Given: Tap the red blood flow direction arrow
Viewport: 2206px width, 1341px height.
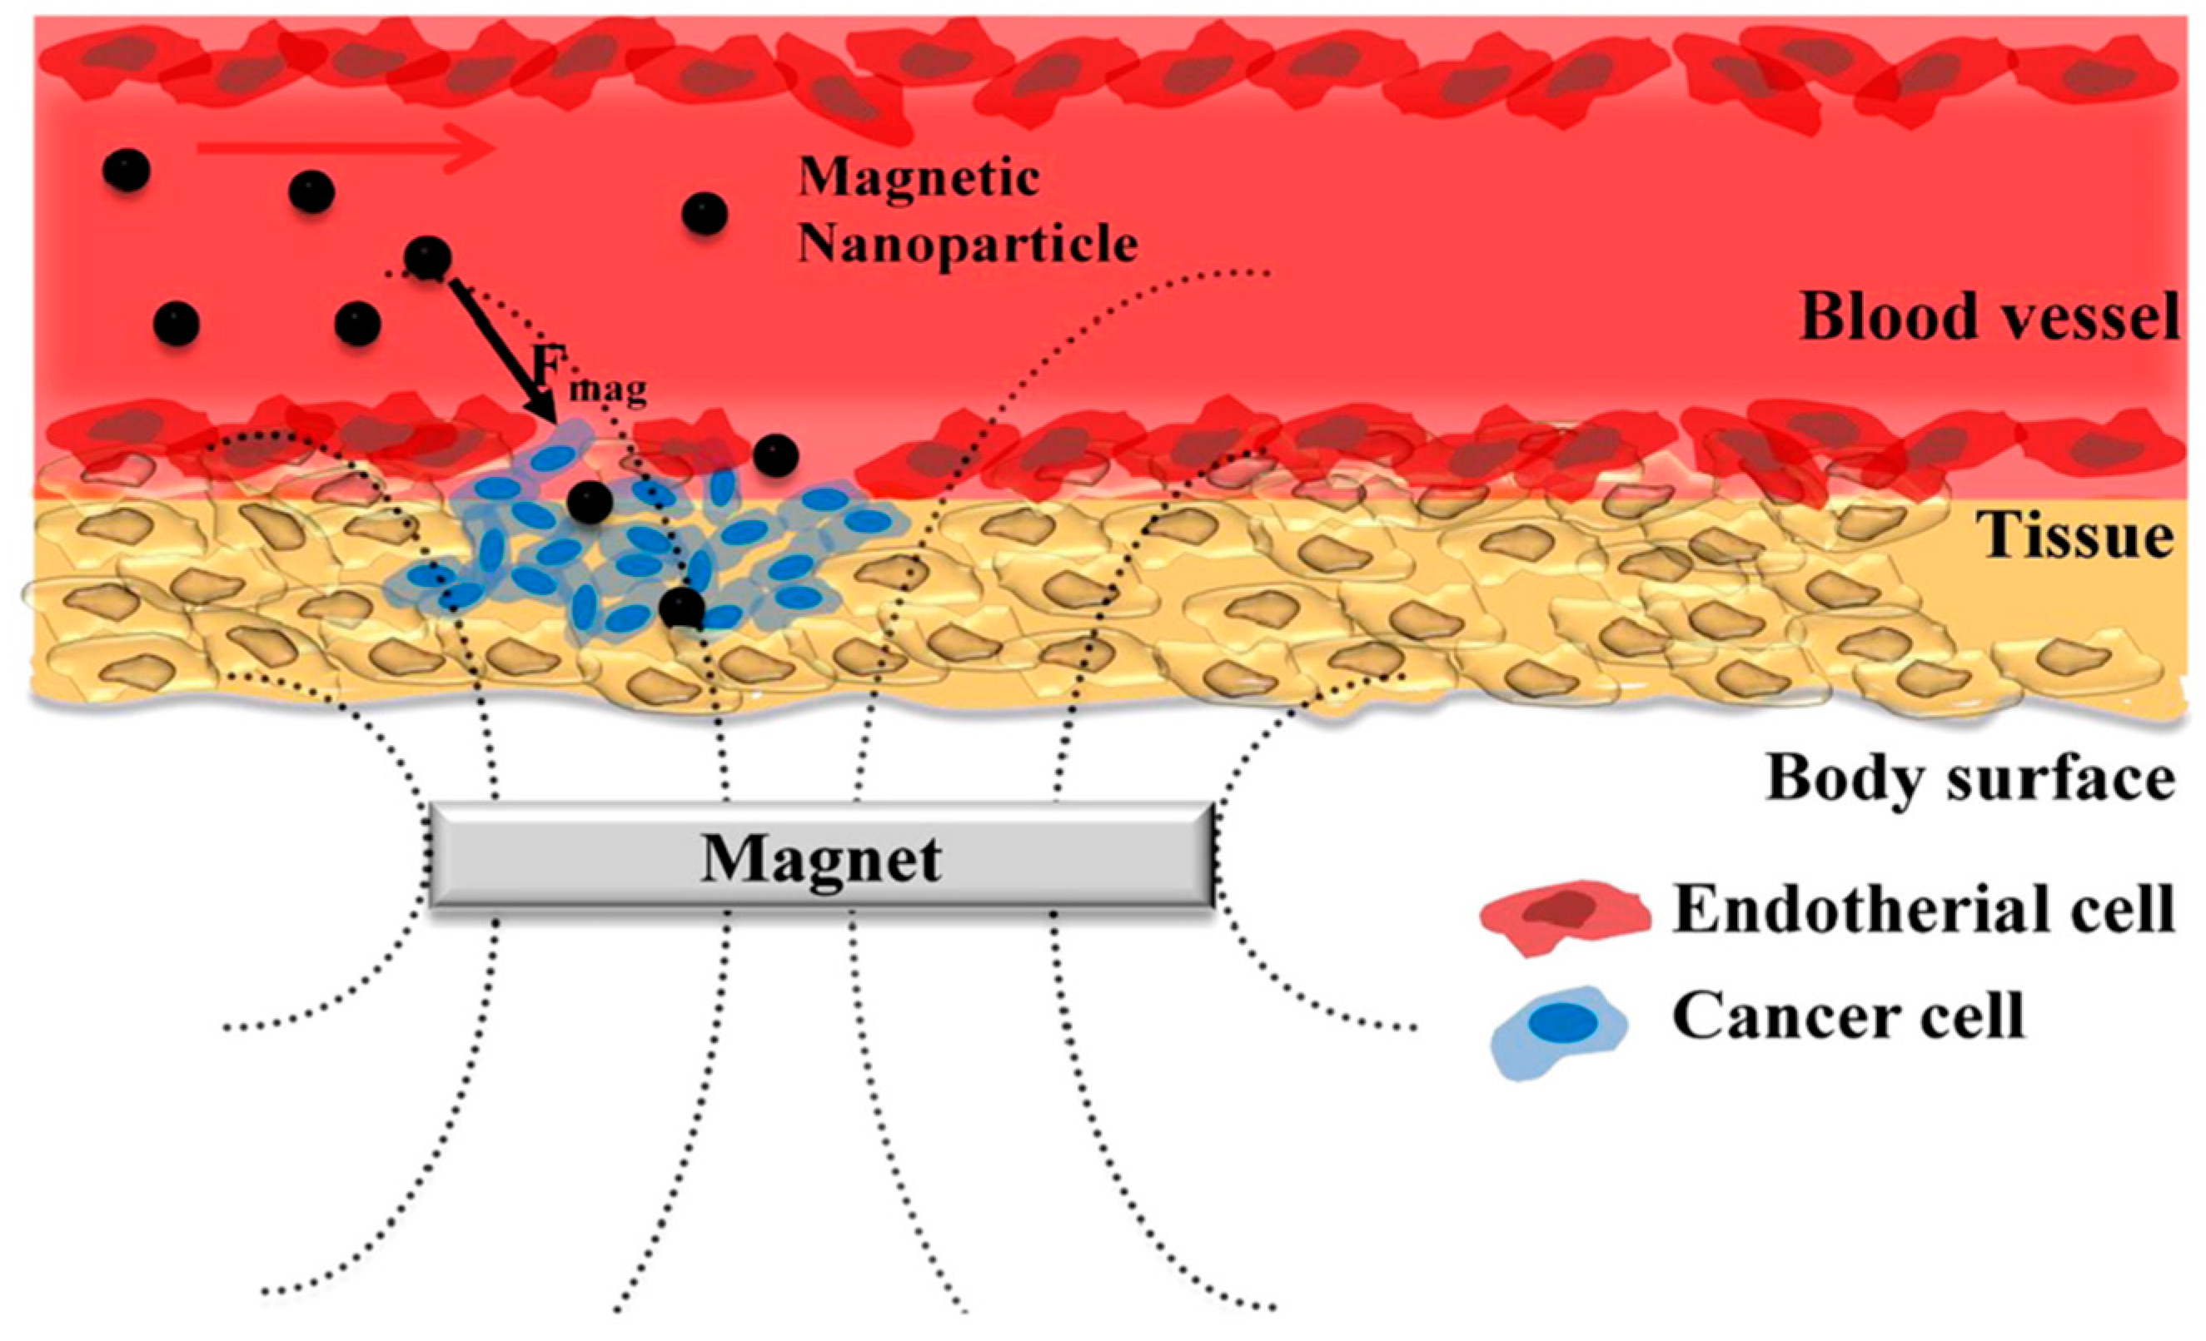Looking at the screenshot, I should coord(345,147).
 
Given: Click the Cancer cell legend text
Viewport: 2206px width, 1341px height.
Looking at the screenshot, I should coord(1848,1018).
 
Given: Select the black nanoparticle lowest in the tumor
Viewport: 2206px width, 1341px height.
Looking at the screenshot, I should coord(681,608).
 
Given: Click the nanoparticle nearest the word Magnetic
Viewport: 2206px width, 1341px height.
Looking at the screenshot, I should coord(705,214).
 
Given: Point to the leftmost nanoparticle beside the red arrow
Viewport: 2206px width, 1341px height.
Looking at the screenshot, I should coord(127,169).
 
